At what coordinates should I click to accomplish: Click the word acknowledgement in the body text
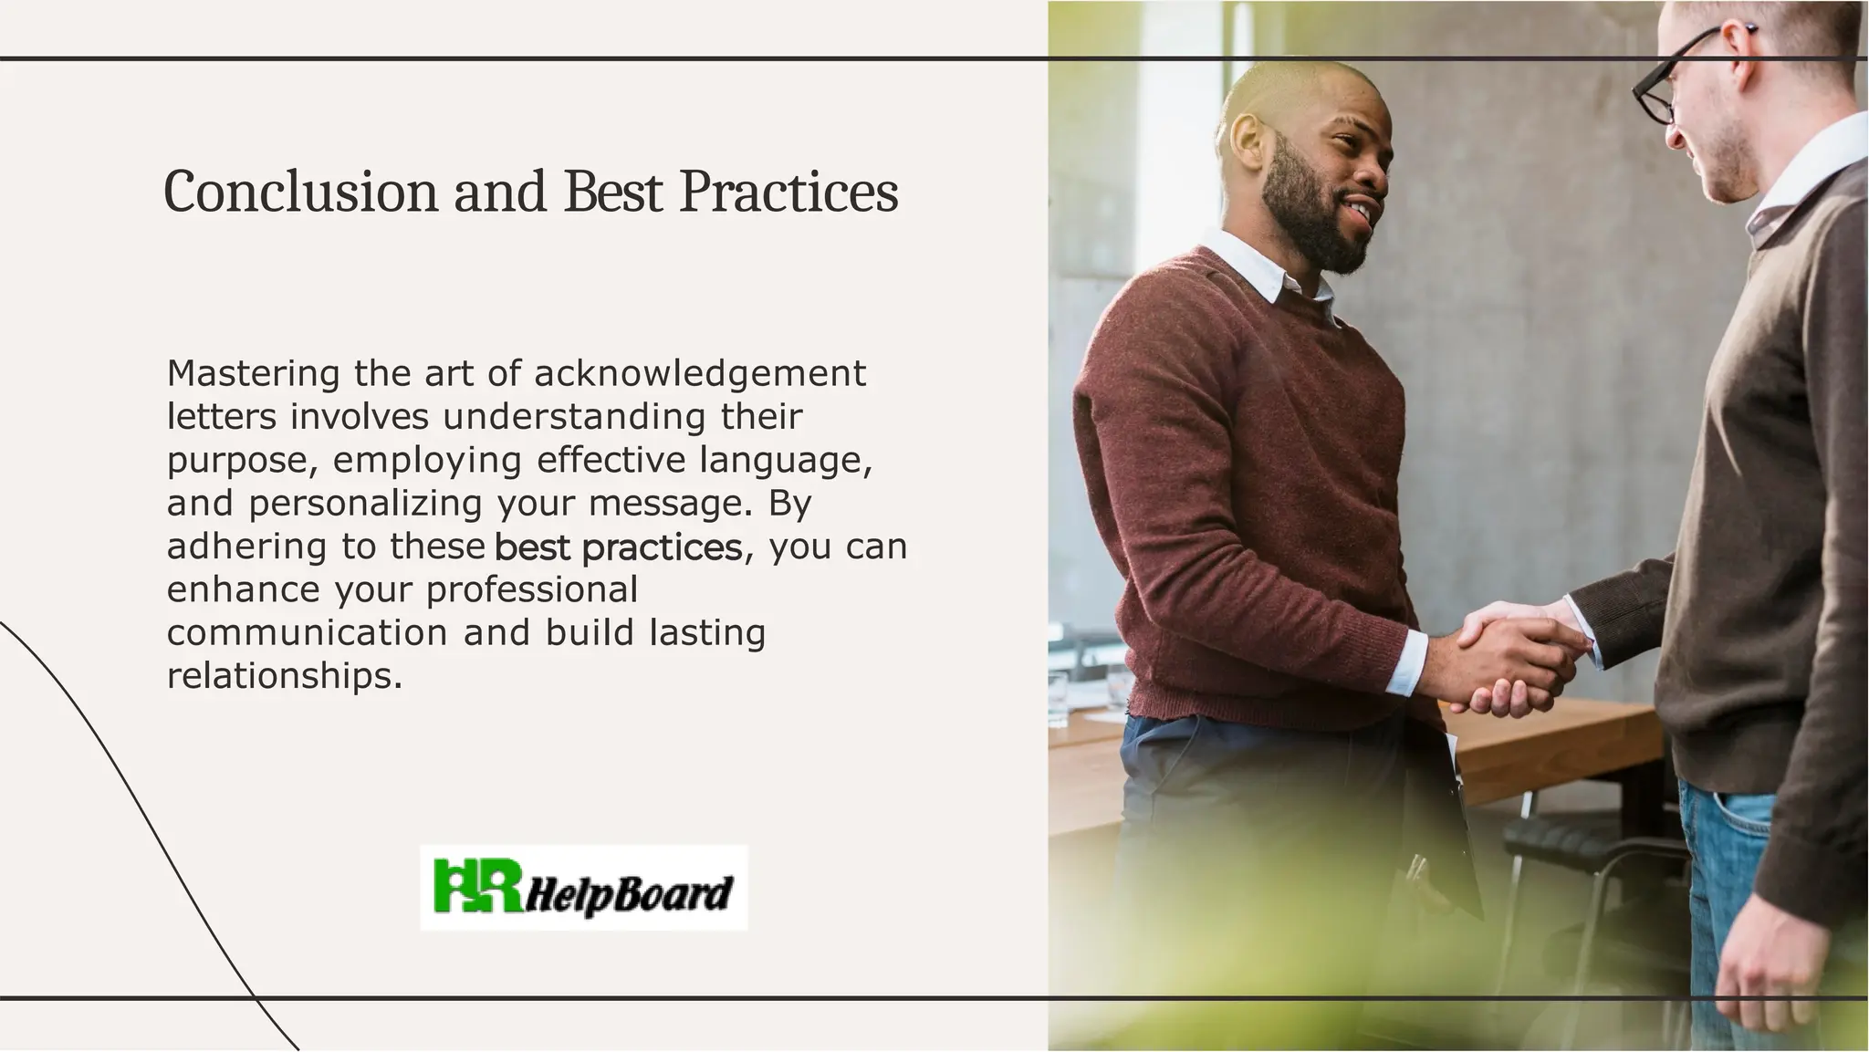click(x=700, y=373)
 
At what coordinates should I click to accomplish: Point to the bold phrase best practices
click(x=618, y=547)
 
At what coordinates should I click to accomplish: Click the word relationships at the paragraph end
click(x=283, y=676)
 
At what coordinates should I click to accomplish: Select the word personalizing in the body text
click(x=365, y=504)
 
